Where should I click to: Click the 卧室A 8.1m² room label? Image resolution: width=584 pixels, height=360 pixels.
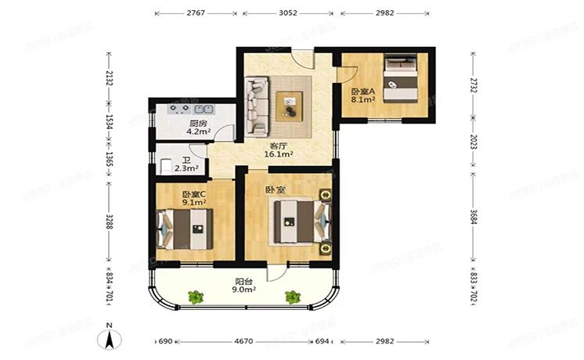click(x=362, y=95)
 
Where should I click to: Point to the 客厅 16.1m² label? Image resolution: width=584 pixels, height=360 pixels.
click(x=279, y=150)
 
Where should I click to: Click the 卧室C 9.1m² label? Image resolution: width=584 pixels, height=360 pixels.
click(x=193, y=199)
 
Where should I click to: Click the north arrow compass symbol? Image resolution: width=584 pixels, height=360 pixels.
click(x=110, y=338)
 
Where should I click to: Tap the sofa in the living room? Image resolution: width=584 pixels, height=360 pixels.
click(x=256, y=106)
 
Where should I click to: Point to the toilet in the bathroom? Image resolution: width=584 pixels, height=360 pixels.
click(x=166, y=166)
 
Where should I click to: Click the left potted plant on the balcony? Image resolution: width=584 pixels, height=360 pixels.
click(x=196, y=297)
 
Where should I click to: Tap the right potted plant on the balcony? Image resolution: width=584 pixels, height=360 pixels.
click(x=292, y=297)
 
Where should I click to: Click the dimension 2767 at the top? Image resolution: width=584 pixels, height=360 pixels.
click(x=196, y=13)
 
